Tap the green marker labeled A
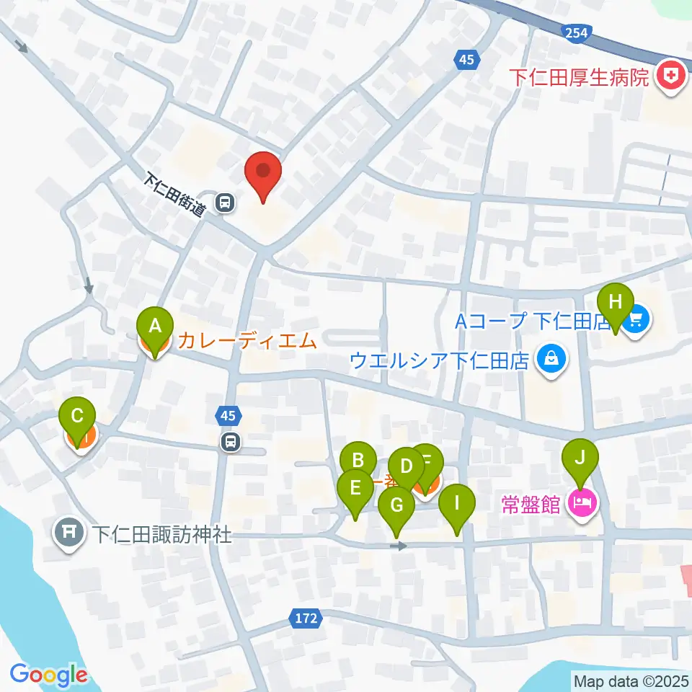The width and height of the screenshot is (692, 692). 154,325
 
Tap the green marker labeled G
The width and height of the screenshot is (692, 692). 397,506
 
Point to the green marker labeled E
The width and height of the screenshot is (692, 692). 355,489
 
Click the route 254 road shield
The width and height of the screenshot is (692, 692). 577,32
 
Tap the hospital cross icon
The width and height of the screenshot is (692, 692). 671,76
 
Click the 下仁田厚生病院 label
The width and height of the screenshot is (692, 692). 580,76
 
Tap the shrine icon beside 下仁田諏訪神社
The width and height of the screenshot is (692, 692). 69,534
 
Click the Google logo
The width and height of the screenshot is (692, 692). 48,675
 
